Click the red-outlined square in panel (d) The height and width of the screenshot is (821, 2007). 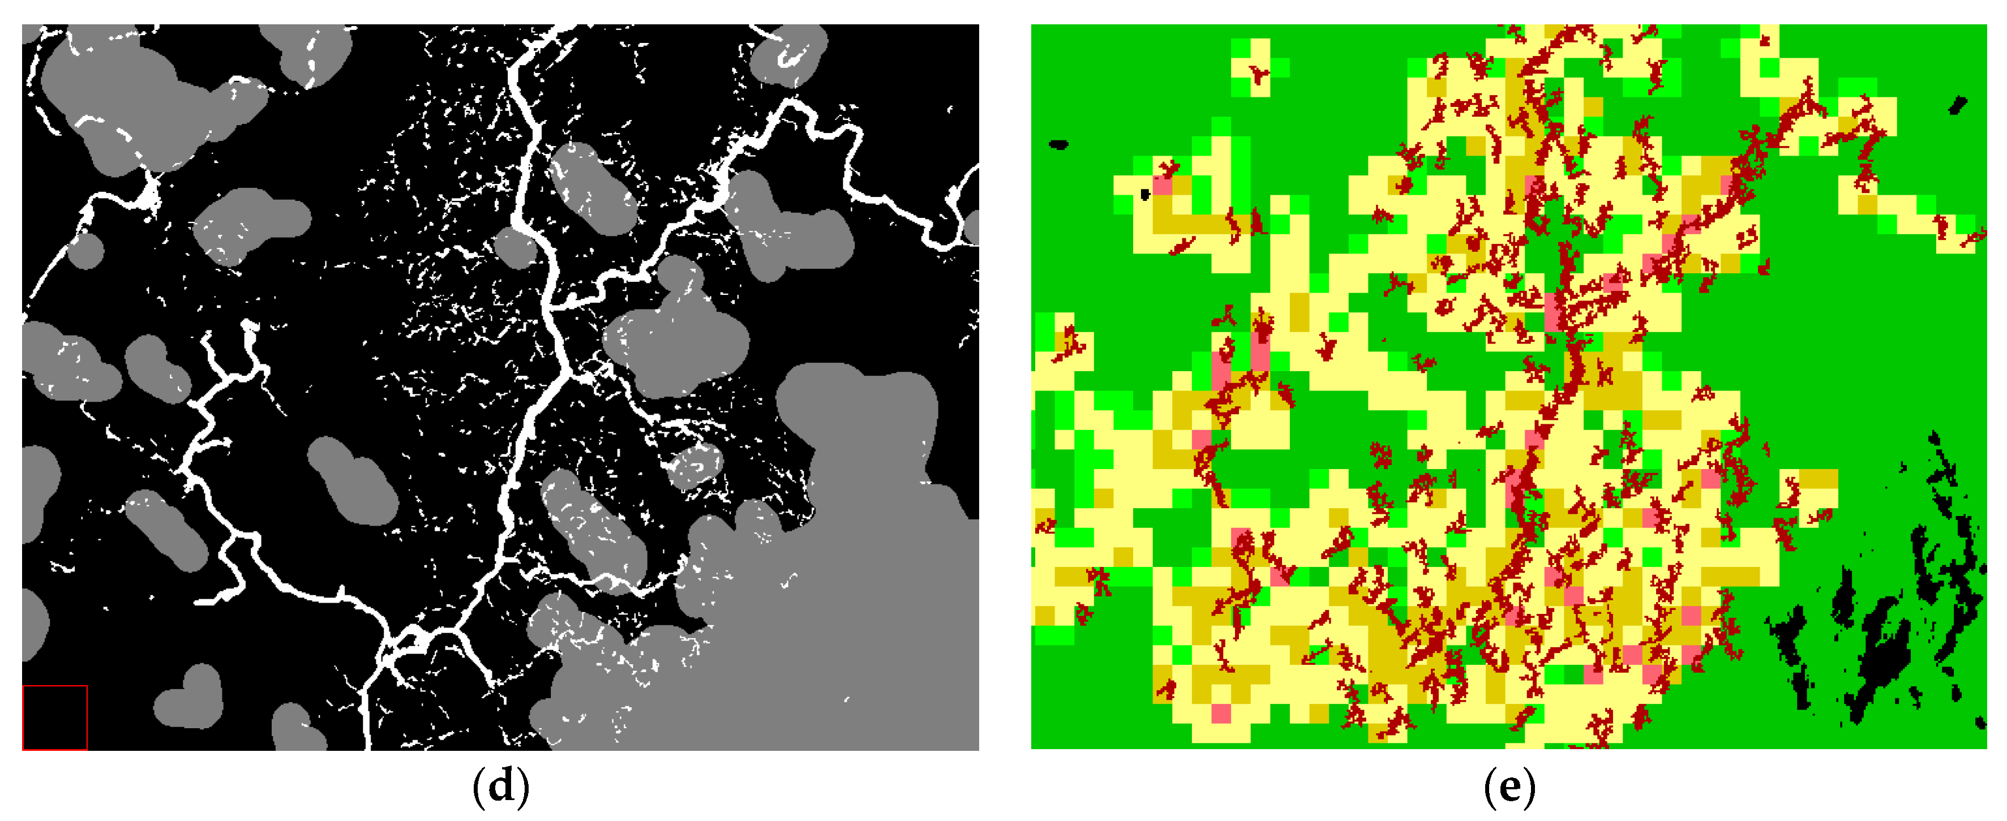click(x=54, y=717)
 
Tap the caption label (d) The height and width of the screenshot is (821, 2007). click(x=500, y=786)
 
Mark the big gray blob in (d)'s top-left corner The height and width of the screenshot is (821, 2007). click(x=117, y=93)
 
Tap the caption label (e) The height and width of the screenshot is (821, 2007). click(x=1509, y=786)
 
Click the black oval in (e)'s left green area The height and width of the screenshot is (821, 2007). click(x=1058, y=144)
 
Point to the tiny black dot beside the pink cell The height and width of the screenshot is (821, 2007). click(x=1144, y=194)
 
